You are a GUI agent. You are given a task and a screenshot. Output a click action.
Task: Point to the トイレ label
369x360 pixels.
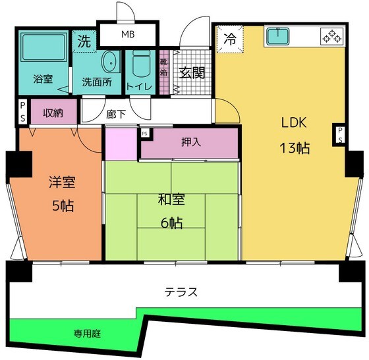pyautogui.click(x=139, y=86)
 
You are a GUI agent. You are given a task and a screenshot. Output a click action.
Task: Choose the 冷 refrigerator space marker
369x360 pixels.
pyautogui.click(x=230, y=38)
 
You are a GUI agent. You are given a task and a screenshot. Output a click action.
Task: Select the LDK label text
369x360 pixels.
pyautogui.click(x=295, y=123)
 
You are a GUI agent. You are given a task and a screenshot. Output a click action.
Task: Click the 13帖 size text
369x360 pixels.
pyautogui.click(x=295, y=148)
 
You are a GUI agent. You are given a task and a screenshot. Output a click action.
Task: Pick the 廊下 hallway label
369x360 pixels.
pyautogui.click(x=116, y=114)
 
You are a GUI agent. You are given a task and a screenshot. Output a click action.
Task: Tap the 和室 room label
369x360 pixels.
pyautogui.click(x=171, y=198)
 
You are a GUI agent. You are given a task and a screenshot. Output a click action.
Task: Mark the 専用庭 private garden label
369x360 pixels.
pyautogui.click(x=87, y=334)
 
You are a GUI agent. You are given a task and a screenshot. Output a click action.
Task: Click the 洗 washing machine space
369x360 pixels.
pyautogui.click(x=84, y=39)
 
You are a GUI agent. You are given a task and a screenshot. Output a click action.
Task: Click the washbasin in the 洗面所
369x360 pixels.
pyautogui.click(x=109, y=62)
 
